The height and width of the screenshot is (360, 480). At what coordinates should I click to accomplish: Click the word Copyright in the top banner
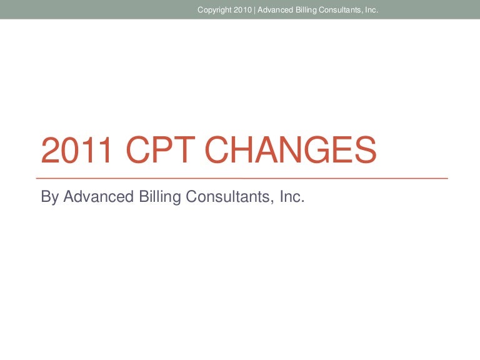pyautogui.click(x=214, y=11)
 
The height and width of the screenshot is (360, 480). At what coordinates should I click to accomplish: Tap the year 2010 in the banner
pyautogui.click(x=242, y=10)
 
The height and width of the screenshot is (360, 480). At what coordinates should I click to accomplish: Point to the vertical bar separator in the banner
pyautogui.click(x=255, y=10)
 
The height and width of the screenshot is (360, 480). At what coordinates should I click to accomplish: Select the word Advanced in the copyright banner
pyautogui.click(x=275, y=10)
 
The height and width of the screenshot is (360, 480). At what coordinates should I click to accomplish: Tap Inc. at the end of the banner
pyautogui.click(x=372, y=10)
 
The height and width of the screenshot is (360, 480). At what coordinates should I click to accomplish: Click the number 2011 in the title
pyautogui.click(x=76, y=150)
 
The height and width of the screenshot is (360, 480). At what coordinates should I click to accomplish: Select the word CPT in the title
pyautogui.click(x=161, y=150)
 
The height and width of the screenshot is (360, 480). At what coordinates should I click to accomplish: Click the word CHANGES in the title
pyautogui.click(x=290, y=150)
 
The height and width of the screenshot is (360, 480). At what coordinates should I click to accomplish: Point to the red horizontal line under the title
pyautogui.click(x=242, y=178)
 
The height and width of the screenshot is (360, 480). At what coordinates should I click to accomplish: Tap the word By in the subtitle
pyautogui.click(x=50, y=197)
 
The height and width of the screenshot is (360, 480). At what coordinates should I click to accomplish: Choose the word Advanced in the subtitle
pyautogui.click(x=98, y=196)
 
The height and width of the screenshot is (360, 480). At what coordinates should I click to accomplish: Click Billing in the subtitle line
pyautogui.click(x=160, y=197)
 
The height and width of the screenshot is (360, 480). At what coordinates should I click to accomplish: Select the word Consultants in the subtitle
pyautogui.click(x=228, y=196)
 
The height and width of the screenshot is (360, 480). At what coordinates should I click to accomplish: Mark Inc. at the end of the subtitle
pyautogui.click(x=292, y=196)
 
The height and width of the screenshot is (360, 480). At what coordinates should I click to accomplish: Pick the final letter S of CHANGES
pyautogui.click(x=366, y=150)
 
